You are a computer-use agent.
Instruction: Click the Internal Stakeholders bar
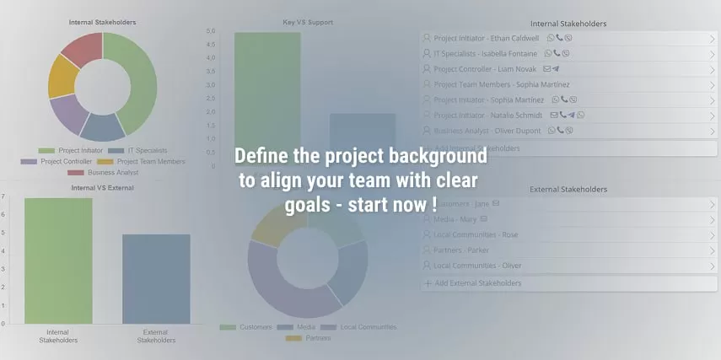tap(58, 261)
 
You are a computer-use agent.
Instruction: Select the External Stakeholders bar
tap(156, 278)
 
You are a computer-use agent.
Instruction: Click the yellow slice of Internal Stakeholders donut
tap(62, 75)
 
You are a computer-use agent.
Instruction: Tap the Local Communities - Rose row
tap(476, 234)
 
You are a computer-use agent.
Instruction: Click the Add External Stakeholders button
tap(477, 283)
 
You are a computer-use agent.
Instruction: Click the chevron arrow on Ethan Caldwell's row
tap(712, 39)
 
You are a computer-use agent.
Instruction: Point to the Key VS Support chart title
tap(309, 21)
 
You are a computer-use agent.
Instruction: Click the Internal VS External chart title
tap(102, 188)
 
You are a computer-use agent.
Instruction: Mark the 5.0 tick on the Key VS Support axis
tap(211, 32)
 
